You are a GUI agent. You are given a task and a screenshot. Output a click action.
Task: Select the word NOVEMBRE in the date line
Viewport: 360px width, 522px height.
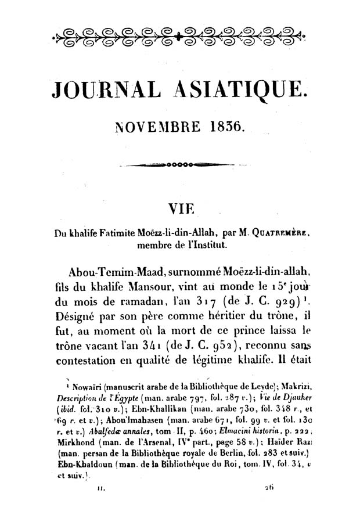tap(153, 125)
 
